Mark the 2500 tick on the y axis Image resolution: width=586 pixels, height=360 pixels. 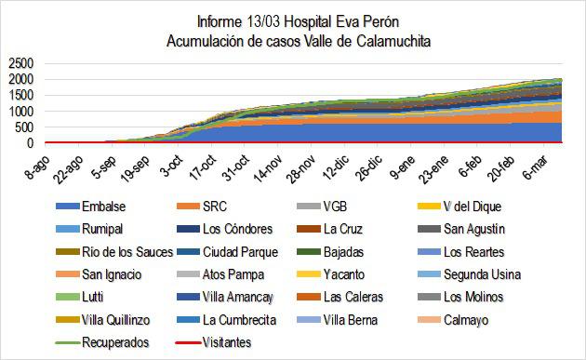20,63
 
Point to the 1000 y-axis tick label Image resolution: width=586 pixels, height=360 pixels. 20,112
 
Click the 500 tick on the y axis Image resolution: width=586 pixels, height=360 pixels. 23,127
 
